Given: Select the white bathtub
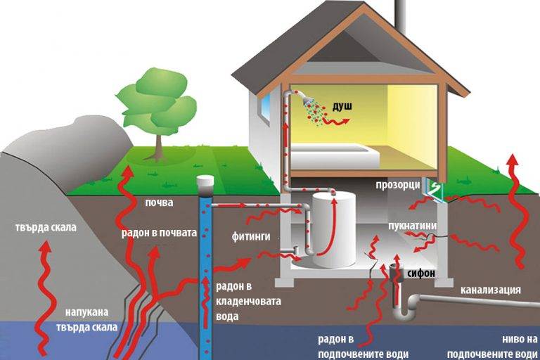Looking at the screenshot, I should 330,156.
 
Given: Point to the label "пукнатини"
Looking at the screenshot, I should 413,226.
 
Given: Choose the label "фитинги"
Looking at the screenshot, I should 250,237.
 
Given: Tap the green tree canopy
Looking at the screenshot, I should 156,98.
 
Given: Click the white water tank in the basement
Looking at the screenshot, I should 334,229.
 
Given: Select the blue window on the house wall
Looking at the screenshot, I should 265,107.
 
